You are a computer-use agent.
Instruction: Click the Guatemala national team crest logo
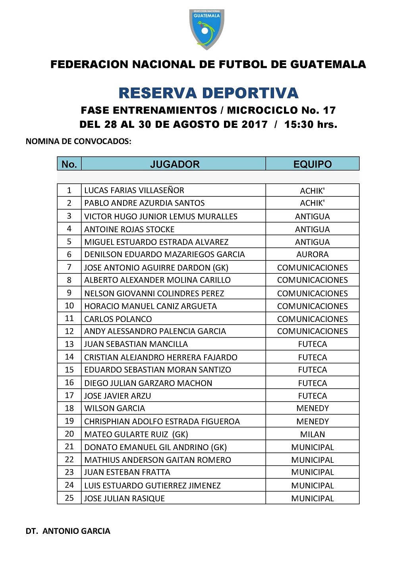207,29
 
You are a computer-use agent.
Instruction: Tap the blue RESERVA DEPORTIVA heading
208,93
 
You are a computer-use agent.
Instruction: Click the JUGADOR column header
174,164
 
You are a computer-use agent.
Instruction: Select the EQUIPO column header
312,164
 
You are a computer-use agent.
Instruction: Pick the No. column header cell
69,164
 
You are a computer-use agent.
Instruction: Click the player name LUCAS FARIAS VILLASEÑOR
134,190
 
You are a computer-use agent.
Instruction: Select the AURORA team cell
312,254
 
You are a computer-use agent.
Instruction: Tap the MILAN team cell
312,434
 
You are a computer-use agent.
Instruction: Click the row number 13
69,344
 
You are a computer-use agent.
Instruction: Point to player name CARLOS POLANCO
118,319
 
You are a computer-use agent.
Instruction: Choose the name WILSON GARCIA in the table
115,408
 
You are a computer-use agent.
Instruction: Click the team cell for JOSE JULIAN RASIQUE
312,498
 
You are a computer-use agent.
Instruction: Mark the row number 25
69,498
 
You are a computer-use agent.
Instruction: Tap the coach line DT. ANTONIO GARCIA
68,531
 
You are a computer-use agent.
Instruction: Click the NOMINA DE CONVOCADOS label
78,141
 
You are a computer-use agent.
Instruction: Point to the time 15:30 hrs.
311,124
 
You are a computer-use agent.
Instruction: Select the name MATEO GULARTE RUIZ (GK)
136,434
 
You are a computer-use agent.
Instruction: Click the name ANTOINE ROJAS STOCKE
129,229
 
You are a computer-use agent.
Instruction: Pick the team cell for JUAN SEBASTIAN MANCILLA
312,344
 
